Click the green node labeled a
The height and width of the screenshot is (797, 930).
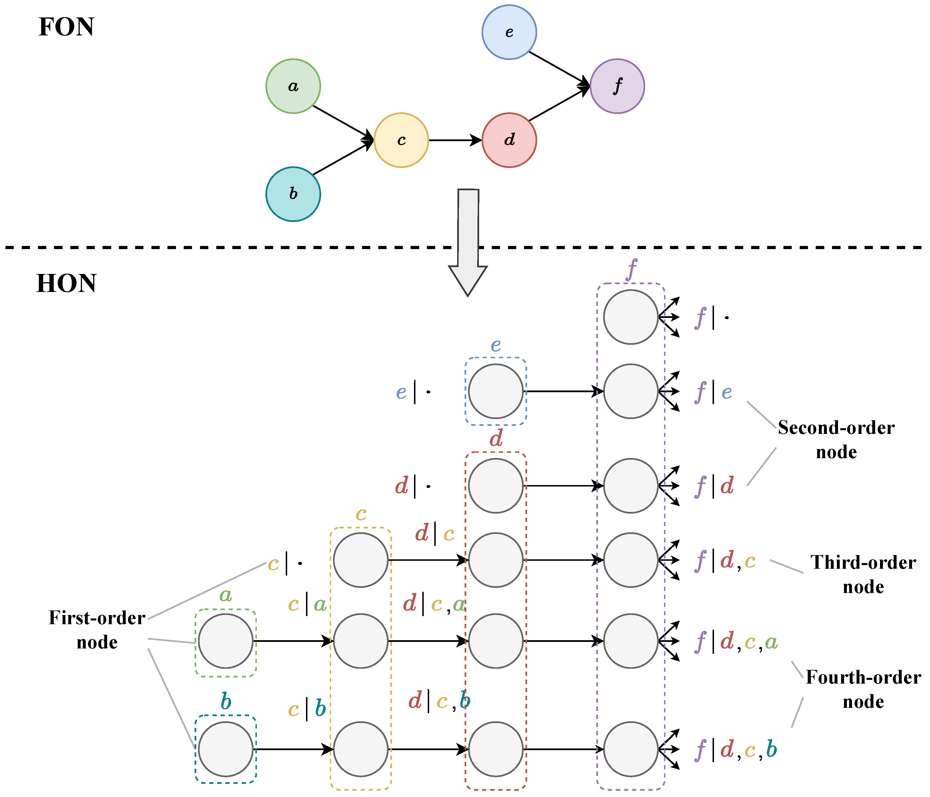click(293, 86)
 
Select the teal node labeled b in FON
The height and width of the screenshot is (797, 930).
click(293, 194)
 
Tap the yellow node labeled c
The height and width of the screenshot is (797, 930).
click(401, 140)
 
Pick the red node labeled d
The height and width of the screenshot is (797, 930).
click(509, 140)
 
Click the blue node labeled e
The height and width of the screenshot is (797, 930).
click(509, 32)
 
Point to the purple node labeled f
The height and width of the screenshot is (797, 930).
click(617, 86)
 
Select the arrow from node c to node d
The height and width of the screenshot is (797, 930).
click(454, 140)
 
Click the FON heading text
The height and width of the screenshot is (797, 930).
click(66, 27)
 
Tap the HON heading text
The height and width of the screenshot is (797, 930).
click(66, 283)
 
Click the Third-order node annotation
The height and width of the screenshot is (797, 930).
click(863, 574)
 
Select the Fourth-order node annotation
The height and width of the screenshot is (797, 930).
click(863, 689)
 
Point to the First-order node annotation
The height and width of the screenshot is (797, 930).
click(97, 630)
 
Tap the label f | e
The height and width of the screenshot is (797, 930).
click(714, 392)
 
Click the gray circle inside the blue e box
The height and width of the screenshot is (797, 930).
click(495, 391)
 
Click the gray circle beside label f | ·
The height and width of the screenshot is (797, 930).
click(631, 317)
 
